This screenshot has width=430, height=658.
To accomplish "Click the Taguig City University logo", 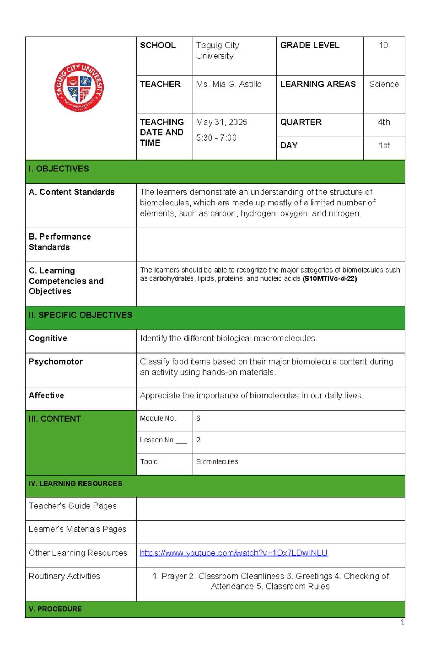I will coord(79,87).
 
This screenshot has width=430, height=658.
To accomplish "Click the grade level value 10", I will coord(383,45).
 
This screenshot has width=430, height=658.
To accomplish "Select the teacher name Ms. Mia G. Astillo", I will coord(229,84).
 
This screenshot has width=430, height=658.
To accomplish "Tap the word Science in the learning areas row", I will coord(384,84).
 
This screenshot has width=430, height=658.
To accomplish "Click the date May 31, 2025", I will coord(221,122).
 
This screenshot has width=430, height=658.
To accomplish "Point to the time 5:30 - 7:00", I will coord(216,138).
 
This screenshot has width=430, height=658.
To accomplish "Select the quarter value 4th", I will coord(384,122).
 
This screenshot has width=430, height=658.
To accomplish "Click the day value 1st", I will coord(384,146).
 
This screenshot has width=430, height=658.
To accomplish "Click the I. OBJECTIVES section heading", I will coord(59,169).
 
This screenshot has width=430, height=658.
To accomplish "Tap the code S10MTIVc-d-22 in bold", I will coord(330,279).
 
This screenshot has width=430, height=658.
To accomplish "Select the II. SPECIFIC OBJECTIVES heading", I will coord(80,315).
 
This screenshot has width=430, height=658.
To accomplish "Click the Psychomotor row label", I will coord(56,361).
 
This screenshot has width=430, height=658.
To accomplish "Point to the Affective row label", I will coord(46,396).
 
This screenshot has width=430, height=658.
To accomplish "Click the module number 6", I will coord(198,418).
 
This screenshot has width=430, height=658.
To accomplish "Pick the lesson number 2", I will coord(198,440).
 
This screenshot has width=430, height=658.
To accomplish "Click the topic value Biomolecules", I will coord(217,462).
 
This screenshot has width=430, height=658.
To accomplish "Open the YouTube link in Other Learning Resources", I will coord(234,553).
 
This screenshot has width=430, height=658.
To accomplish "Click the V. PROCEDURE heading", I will coord(55,609).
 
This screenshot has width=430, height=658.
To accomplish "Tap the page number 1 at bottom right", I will coord(402,623).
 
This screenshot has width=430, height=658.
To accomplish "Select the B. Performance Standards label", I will coord(59,242).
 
